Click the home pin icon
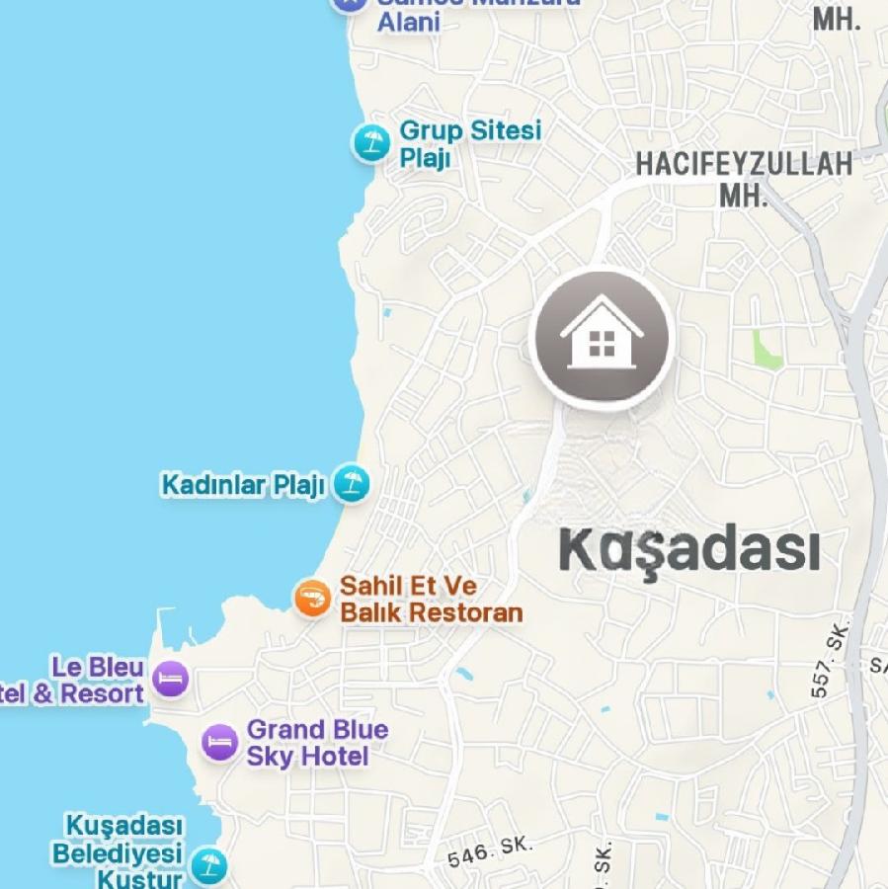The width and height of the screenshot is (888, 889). pos(602,338)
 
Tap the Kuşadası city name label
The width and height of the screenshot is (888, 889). pos(688,550)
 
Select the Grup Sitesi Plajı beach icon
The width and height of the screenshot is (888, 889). pos(371,143)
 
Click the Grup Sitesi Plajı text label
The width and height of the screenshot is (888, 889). pos(469,144)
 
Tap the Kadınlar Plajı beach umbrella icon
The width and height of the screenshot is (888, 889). pos(350,484)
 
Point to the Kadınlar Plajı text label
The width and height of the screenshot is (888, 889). pos(243,485)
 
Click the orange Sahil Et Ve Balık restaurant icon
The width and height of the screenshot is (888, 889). pos(313,598)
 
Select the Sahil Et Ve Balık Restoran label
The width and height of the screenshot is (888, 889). pos(431,600)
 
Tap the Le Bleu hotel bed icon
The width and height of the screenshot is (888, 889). pos(171,680)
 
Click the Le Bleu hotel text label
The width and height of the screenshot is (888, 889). pos(79,681)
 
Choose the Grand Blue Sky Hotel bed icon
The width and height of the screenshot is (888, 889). pos(219,743)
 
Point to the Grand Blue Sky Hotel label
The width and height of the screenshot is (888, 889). pos(317,743)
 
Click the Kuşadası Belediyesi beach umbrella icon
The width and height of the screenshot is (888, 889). pos(207,866)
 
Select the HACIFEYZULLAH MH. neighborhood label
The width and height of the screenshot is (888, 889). pos(743,178)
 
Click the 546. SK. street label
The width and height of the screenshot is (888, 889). pos(489,851)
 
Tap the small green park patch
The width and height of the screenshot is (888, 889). pos(766,351)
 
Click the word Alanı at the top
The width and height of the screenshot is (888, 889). pos(408,21)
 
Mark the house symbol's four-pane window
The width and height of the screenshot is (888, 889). pos(602,344)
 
